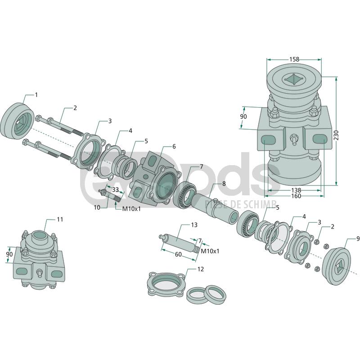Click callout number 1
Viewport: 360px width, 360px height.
[36, 95]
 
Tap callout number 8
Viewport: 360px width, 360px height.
[224, 184]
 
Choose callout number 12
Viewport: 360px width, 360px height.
[201, 269]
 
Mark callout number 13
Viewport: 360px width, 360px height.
[194, 224]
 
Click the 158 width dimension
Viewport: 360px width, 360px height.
[294, 59]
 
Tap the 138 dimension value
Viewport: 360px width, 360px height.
[296, 190]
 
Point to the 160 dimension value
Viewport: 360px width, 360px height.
[296, 196]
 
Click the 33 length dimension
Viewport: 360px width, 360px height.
[115, 190]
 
